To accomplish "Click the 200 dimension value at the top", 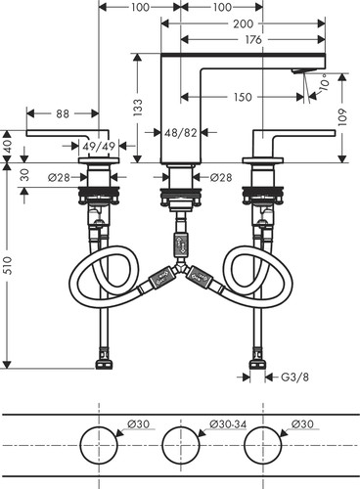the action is coord(243,23).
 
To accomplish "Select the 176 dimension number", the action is coord(253,40).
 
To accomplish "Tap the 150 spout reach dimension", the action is coord(243,97).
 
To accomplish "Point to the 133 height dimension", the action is coord(138,108).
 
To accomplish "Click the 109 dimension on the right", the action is coord(342,117).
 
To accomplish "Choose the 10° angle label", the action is coord(324,84).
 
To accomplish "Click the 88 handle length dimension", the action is coord(63,113).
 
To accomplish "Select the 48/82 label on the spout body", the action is coord(181,132).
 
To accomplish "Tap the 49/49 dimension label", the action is coord(99,147).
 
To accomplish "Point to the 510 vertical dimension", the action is coord(8,265).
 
